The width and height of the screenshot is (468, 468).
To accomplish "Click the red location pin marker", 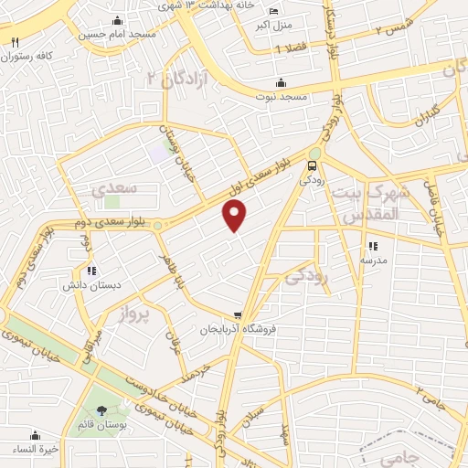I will pos(235,217).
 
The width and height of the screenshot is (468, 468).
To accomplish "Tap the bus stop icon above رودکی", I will pos(313,165).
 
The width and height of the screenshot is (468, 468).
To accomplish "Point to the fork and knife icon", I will pos(15,42).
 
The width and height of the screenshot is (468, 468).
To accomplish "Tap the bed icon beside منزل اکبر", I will pos(275,11).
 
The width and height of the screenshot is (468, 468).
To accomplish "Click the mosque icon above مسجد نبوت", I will pos(280,83).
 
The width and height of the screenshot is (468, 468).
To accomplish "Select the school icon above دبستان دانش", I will pos(90,270).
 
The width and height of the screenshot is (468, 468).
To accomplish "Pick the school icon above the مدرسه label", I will pos(372,246).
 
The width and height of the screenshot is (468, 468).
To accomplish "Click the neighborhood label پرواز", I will pos(137,316).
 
